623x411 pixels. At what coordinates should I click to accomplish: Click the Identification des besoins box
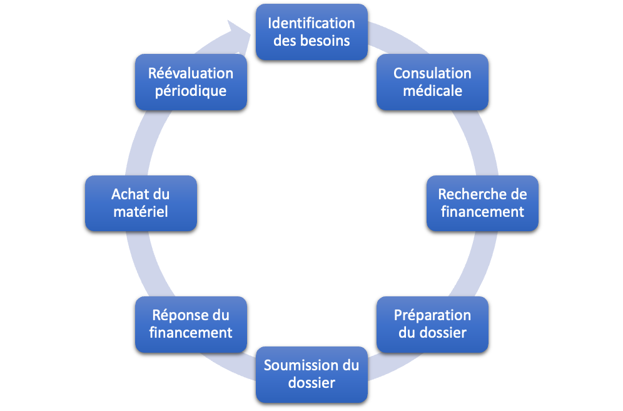[311, 32]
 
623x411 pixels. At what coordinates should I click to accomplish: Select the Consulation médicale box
[432, 82]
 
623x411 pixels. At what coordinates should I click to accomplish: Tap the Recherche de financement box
[482, 203]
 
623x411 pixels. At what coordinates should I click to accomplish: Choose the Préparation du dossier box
[432, 324]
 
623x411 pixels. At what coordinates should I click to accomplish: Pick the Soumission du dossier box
[311, 374]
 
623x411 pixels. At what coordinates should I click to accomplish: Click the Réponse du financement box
[191, 324]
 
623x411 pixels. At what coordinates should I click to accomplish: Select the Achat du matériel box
[141, 203]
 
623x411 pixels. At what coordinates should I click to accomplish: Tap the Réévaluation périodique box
[191, 82]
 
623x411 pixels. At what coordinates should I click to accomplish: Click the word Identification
[311, 24]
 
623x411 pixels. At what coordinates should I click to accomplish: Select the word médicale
[432, 91]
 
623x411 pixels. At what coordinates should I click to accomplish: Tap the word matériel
[141, 212]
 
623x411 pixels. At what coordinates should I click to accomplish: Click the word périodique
[191, 91]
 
